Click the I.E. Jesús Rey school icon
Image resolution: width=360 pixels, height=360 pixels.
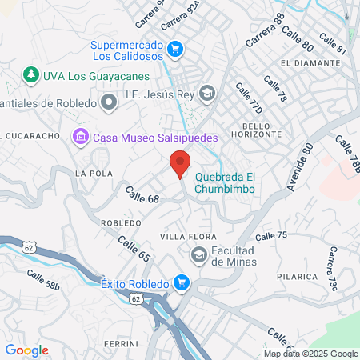tap(207, 94)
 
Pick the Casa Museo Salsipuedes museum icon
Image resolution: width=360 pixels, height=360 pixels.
tap(80, 138)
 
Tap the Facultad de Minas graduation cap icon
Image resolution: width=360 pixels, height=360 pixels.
tap(198, 254)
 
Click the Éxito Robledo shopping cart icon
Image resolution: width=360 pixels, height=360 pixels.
tap(182, 282)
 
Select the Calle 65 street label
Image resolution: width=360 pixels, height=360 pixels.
tap(134, 249)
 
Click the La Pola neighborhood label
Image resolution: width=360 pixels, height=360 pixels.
tap(89, 173)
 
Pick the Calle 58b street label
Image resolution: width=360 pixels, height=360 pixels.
tap(43, 280)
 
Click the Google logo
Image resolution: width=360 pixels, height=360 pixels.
tap(26, 350)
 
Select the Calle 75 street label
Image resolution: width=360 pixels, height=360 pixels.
tap(270, 236)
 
